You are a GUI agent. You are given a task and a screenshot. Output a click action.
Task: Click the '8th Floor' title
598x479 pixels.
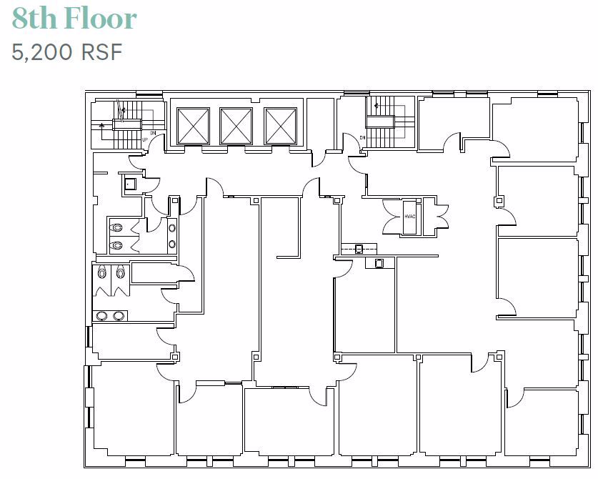74,19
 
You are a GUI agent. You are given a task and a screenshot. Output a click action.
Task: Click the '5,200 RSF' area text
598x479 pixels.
67,51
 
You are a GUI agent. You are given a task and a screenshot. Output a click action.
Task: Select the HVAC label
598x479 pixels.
409,216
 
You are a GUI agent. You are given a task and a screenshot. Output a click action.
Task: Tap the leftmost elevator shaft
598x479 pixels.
193,126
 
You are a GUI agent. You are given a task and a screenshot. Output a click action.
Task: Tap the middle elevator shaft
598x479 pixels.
236,126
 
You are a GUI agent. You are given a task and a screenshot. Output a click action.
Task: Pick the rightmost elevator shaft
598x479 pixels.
280,126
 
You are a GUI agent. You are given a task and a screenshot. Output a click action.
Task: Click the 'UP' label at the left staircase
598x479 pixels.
146,139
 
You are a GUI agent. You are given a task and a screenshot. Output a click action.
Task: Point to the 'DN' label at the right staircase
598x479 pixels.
362,137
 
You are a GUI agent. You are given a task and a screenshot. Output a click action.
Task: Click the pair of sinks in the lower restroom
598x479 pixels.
111,315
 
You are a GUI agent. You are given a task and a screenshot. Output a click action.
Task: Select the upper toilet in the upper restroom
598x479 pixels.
117,228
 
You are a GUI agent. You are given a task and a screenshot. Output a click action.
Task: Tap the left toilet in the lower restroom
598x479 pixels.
104,272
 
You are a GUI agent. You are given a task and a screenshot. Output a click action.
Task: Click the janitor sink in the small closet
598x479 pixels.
129,184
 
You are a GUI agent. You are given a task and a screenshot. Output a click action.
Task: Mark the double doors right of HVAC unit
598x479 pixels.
435,215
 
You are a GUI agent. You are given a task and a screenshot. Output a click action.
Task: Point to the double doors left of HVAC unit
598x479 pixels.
392,215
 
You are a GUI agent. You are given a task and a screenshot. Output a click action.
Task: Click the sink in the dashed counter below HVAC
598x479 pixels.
359,248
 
